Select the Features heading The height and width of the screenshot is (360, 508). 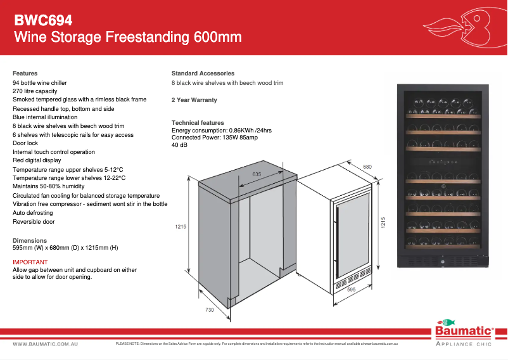pos(25,74)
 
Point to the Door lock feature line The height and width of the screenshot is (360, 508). pos(25,143)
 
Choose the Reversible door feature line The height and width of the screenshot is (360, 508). pos(34,222)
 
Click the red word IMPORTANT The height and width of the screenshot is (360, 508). pos(30,262)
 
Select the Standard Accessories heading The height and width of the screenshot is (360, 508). pos(203,74)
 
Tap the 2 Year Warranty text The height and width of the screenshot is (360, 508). pos(194,100)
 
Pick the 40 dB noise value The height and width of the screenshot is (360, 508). pos(180,145)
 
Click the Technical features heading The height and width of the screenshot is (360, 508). pos(198,123)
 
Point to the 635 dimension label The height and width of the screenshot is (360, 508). pos(257,174)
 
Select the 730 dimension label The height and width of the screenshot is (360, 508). pos(210,310)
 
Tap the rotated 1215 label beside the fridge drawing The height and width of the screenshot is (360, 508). pos(383,223)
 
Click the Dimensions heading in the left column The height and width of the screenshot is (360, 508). pos(30,241)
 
